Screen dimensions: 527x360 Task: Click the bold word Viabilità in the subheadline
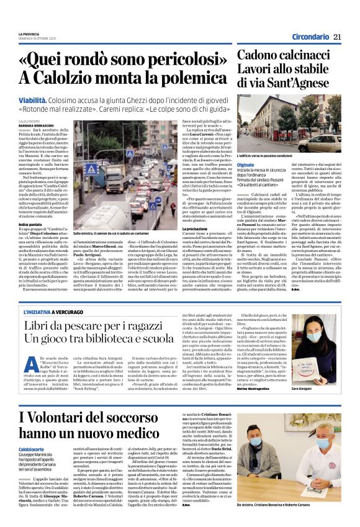pos(51,98)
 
